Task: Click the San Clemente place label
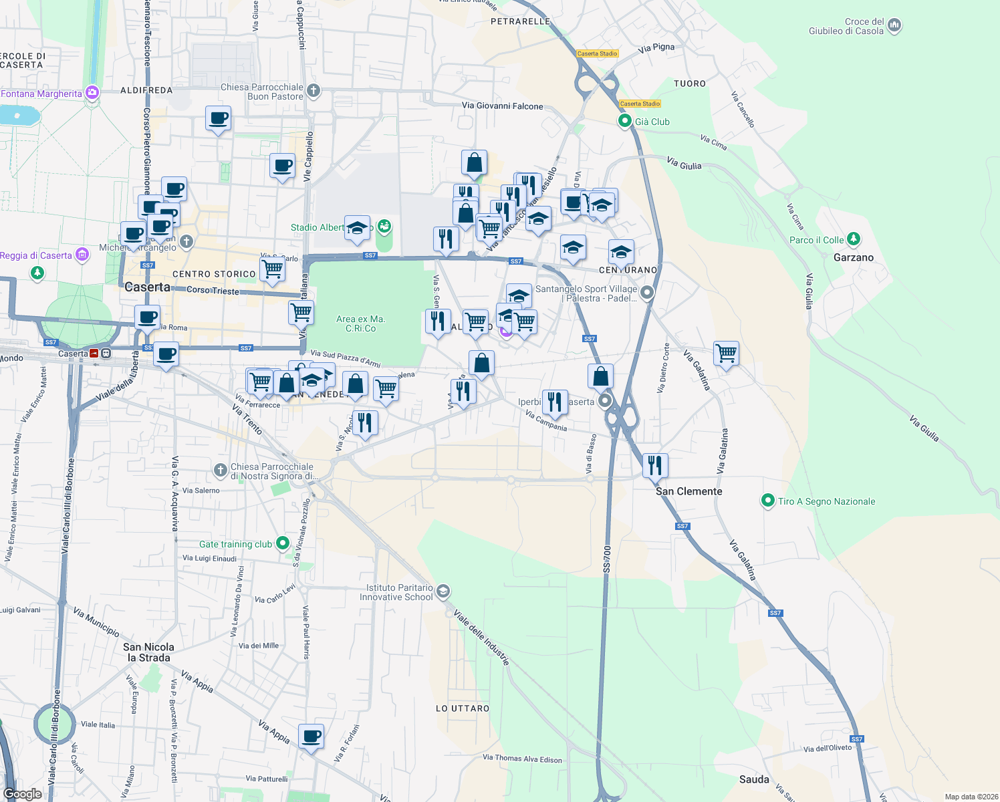(689, 491)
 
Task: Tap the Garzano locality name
(853, 257)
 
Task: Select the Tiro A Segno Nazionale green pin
(768, 501)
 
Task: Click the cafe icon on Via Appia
(311, 737)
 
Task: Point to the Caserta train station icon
(94, 354)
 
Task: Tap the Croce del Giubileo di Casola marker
(894, 26)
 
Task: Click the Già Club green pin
(625, 121)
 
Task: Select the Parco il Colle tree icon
(853, 239)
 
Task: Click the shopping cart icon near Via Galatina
(726, 352)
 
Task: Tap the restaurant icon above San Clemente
(655, 464)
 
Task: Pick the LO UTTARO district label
(463, 708)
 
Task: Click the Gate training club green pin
(283, 543)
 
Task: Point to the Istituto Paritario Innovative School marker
(443, 591)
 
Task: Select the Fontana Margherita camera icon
(92, 93)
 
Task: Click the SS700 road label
(607, 558)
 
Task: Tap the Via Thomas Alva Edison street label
(522, 759)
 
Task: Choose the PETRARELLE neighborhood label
(520, 21)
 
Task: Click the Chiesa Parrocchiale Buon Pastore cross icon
(314, 90)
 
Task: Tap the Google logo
(23, 794)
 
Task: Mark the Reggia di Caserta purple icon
(82, 255)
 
